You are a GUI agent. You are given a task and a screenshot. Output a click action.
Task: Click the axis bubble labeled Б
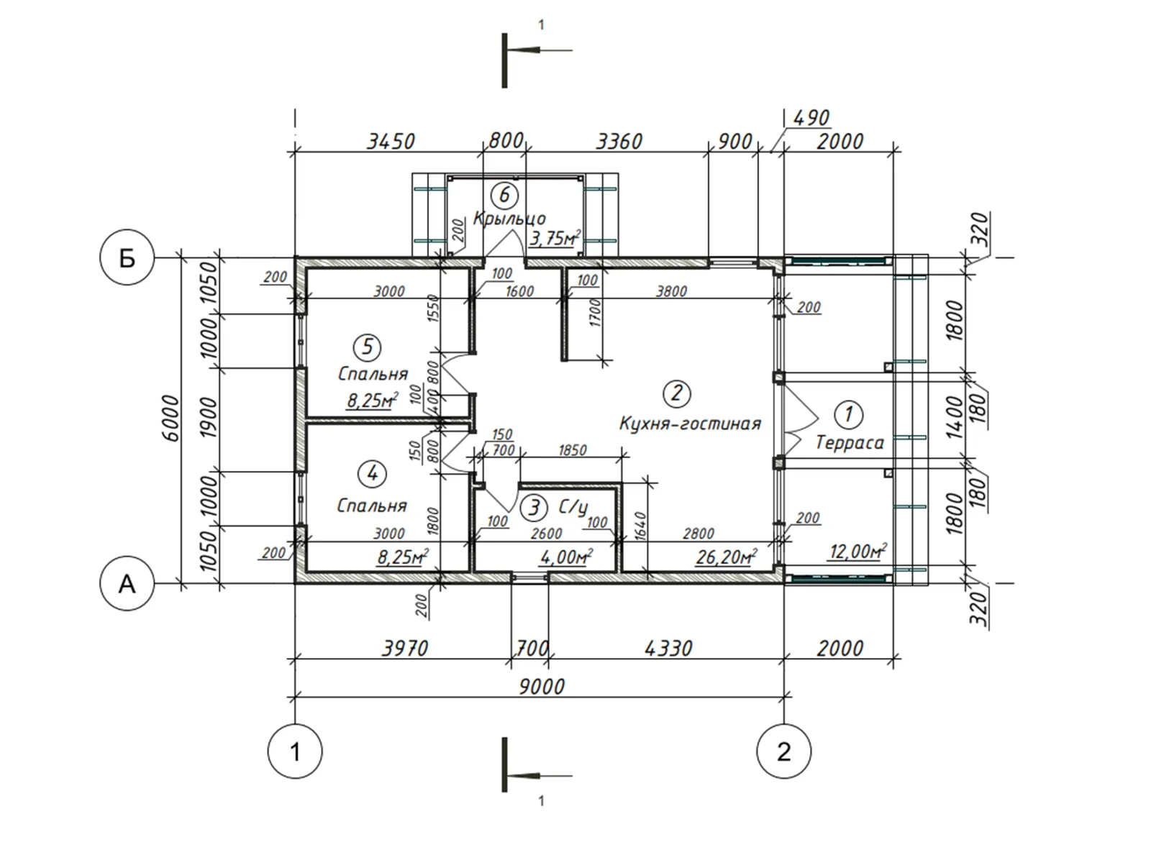coord(127,257)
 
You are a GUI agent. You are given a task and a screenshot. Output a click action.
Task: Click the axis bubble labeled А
coord(127,583)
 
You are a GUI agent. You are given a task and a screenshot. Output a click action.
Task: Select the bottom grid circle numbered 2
coord(783,752)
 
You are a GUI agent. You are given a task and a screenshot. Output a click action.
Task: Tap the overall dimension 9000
coord(542,686)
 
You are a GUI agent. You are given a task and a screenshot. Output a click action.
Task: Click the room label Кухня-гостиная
coord(690,423)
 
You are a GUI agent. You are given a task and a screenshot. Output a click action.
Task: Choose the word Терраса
coord(850,443)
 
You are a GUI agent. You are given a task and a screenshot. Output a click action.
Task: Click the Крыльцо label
coord(510,218)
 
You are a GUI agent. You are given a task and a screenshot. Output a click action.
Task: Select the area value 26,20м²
coord(727,557)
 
